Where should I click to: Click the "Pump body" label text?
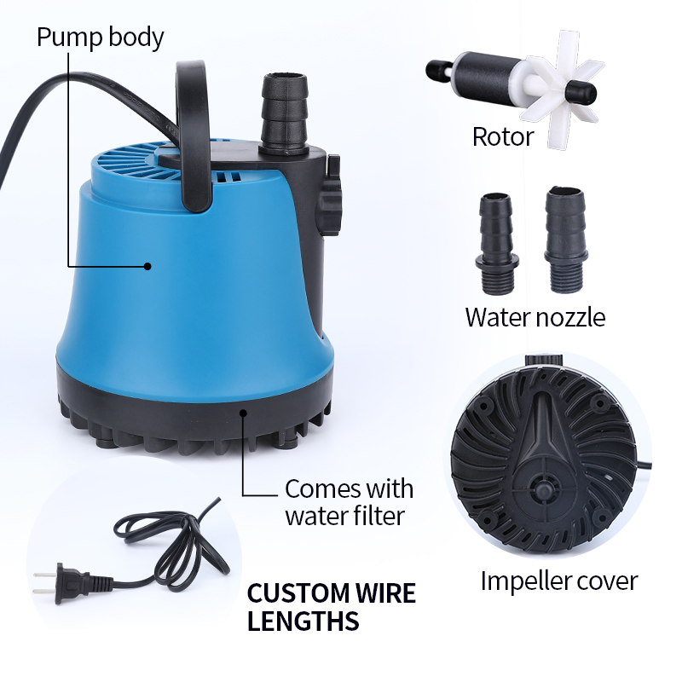coord(100,38)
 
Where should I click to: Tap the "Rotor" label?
coord(503,136)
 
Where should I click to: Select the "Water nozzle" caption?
coord(535,317)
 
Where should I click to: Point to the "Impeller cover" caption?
coord(558,581)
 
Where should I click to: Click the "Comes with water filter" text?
coord(349,502)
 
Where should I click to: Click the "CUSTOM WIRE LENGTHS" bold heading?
coord(331,607)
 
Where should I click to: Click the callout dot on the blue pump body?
coord(147,266)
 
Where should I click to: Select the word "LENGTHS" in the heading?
coord(303,621)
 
